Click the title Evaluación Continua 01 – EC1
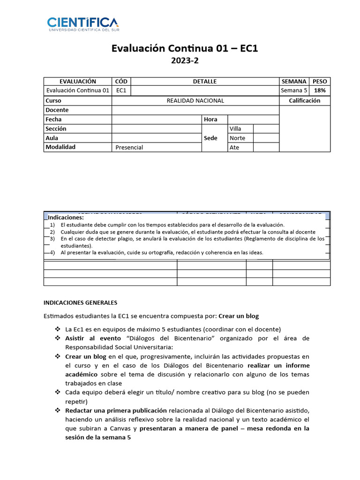pos(185,48)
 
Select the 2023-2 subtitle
pos(185,60)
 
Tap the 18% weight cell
pos(320,90)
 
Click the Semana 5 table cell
pos(293,90)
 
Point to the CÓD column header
pos(121,82)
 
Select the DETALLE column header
pos(205,82)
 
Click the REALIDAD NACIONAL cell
pos(195,100)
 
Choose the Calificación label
pos(305,100)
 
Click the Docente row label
pos(57,110)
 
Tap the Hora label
pos(210,119)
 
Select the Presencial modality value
pos(129,147)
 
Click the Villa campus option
pos(235,128)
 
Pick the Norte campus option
pos(237,138)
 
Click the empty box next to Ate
pos(266,147)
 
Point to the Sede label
pos(210,138)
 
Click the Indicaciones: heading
pos(66,217)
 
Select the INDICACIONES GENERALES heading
pos(80,303)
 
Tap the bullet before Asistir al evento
pos(58,338)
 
